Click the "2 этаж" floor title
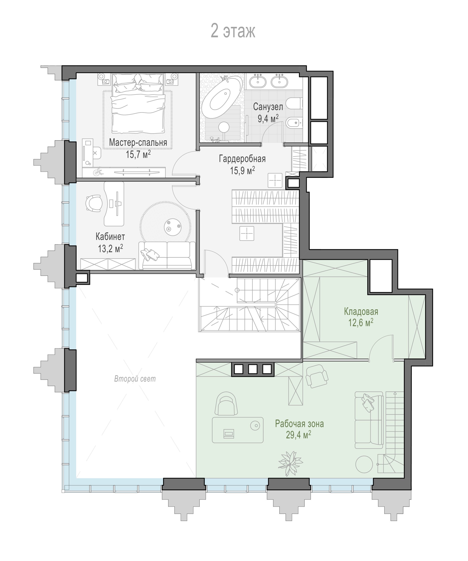[233, 31]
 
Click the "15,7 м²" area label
[138, 154]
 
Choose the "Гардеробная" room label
[242, 159]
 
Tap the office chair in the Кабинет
[94, 203]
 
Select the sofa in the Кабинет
[167, 255]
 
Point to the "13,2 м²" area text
[110, 248]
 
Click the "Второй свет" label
[135, 379]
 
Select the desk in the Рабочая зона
[238, 430]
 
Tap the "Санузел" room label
[268, 107]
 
